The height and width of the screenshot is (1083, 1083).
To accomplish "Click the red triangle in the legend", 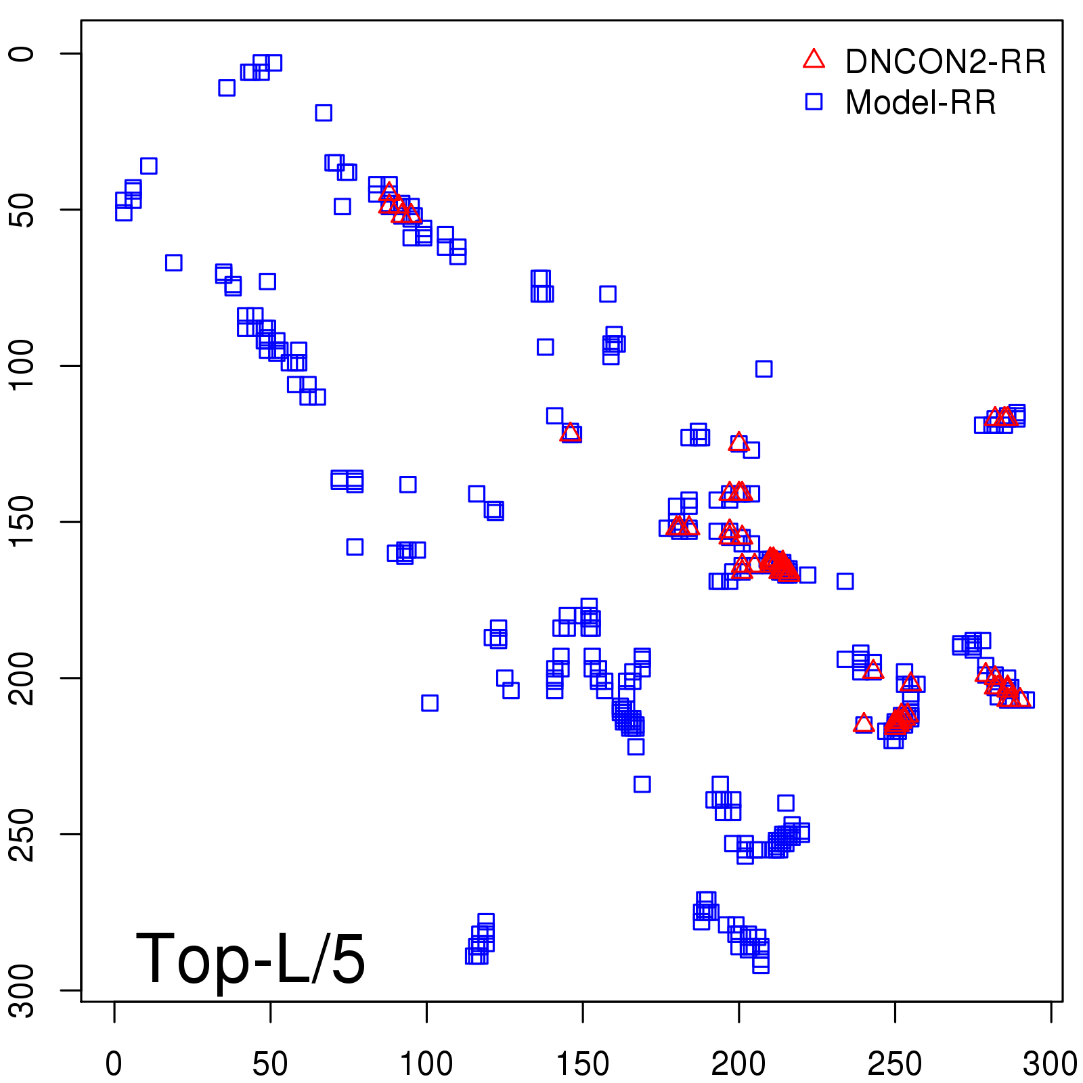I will pos(814,60).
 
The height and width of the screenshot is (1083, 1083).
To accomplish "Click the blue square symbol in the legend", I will pos(814,102).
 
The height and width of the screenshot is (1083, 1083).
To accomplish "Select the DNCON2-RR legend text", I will pos(946,62).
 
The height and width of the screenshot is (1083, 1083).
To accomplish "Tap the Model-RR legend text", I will pos(921,103).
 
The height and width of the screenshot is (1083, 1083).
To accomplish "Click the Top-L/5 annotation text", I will pos(250,958).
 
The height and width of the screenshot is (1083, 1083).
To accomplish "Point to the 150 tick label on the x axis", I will pos(583,1064).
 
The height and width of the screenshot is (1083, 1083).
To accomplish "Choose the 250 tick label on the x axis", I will pos(895,1064).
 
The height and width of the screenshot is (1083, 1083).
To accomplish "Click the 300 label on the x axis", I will pos(1051,1064).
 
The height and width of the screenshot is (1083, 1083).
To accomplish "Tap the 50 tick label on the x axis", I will pos(270,1064).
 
